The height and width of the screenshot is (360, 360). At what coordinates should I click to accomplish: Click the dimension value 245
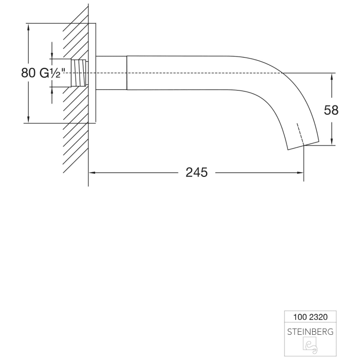pos(196,173)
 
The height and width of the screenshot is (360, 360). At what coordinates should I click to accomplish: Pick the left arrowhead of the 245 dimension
pos(94,173)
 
